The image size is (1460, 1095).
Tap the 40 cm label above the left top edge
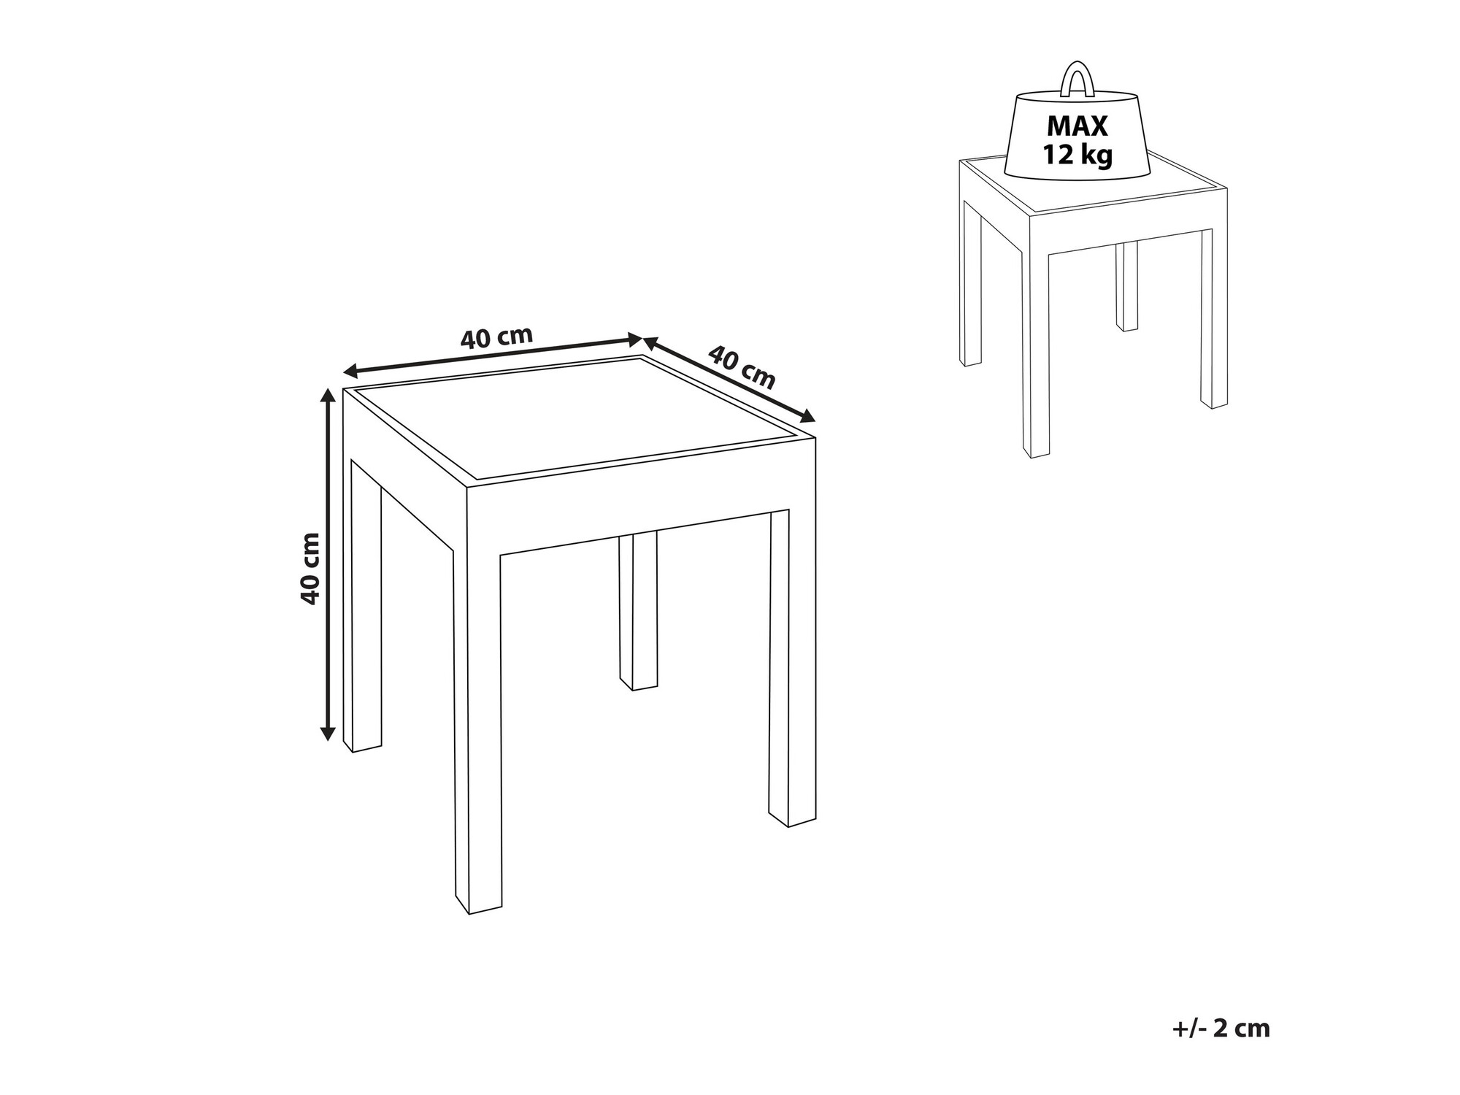click(x=497, y=337)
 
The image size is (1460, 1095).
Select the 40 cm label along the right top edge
click(x=742, y=367)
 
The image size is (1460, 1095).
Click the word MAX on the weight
click(x=1077, y=126)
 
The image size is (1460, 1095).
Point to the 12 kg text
click(x=1077, y=155)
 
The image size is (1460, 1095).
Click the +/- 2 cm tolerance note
click(x=1221, y=1029)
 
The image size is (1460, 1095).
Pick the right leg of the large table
click(x=792, y=668)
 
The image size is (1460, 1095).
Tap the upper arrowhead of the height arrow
click(x=328, y=395)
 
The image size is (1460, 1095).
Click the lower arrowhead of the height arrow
click(x=328, y=733)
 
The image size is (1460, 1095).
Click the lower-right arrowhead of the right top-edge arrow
click(x=807, y=417)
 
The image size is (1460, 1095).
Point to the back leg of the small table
click(x=1127, y=286)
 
